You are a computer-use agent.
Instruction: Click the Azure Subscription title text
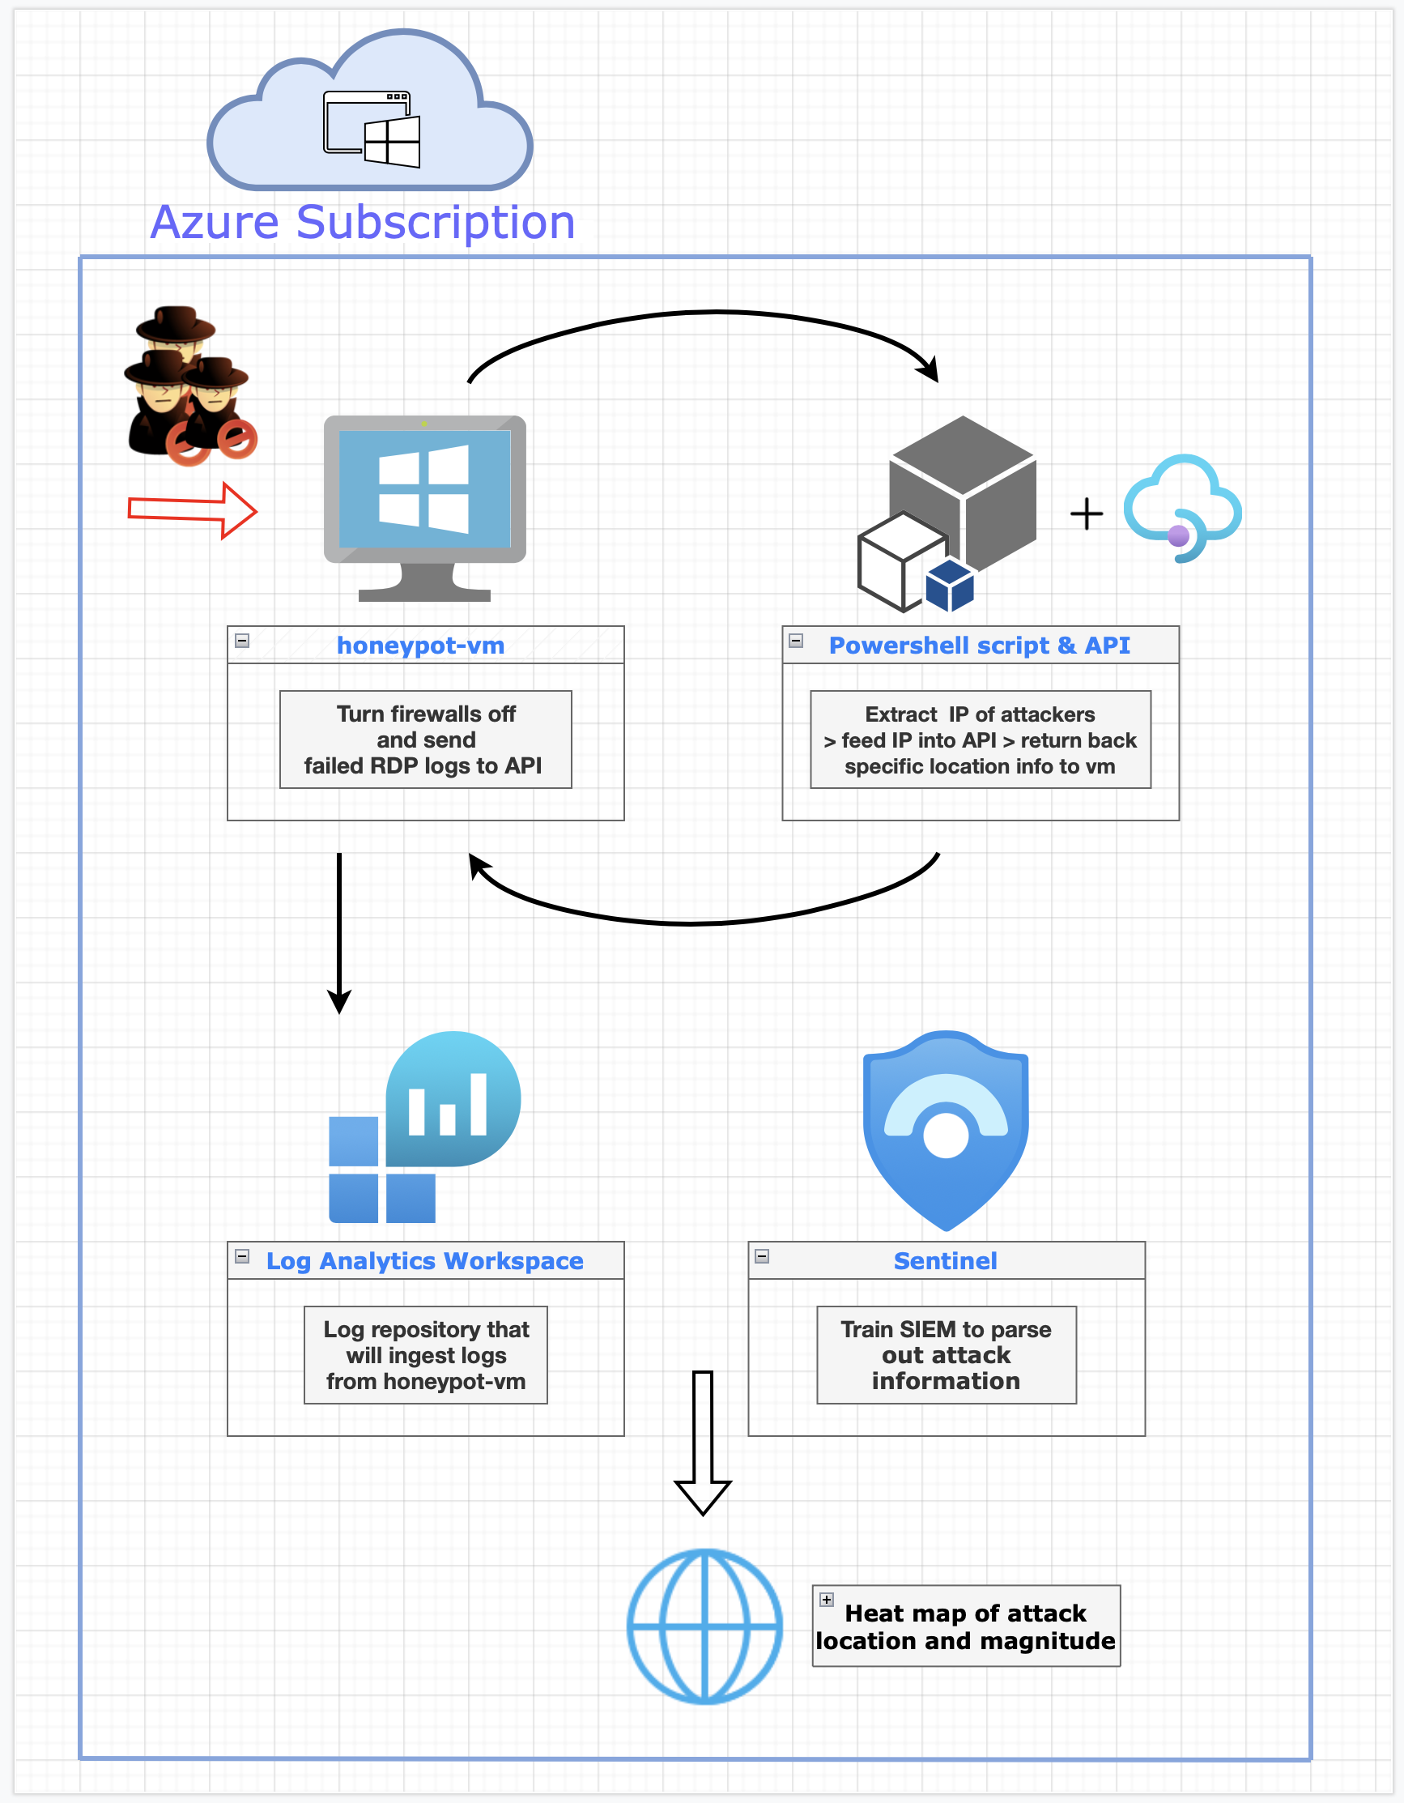(363, 222)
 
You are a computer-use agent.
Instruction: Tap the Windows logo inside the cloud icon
(392, 142)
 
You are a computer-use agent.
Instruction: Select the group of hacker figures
(189, 385)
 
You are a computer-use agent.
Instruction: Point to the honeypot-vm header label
(420, 645)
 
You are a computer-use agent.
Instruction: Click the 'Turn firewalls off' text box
(425, 740)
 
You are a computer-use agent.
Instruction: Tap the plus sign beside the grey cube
(1087, 514)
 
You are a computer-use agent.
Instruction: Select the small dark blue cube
(950, 585)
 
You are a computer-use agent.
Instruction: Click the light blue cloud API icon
(1182, 507)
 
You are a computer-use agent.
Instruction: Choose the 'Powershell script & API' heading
(979, 645)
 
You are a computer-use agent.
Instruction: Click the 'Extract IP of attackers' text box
(980, 740)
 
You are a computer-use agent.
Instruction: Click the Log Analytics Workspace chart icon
(424, 1126)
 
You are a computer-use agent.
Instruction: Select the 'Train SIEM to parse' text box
(946, 1355)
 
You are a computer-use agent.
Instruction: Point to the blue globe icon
(704, 1626)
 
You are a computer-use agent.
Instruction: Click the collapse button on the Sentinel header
(762, 1255)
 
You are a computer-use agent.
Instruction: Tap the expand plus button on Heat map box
(826, 1599)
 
